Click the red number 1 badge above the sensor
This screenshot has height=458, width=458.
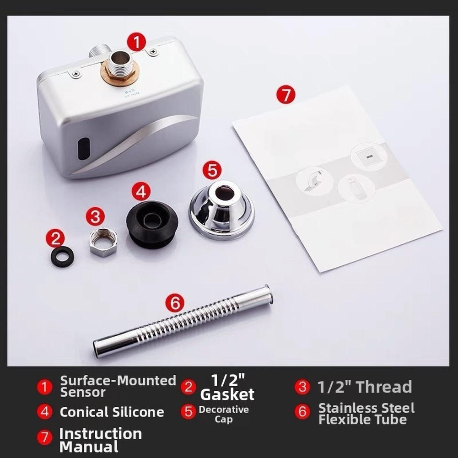[137, 42]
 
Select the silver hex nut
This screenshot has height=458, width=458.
[103, 242]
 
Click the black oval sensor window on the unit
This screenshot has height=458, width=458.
[84, 148]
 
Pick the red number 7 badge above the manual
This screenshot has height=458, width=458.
[286, 94]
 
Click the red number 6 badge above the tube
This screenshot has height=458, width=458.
[175, 303]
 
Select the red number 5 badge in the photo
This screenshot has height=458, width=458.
[212, 170]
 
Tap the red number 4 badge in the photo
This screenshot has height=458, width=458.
[141, 192]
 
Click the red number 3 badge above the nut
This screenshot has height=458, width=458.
[95, 216]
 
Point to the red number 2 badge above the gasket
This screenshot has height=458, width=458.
[55, 238]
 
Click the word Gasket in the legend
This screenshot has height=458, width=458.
[227, 394]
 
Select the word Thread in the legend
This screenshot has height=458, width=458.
[384, 387]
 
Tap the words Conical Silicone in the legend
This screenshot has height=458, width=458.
[112, 412]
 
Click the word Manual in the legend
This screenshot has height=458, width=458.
[89, 447]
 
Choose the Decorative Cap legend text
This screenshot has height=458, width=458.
[224, 414]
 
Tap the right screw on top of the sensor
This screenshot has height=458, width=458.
[153, 52]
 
